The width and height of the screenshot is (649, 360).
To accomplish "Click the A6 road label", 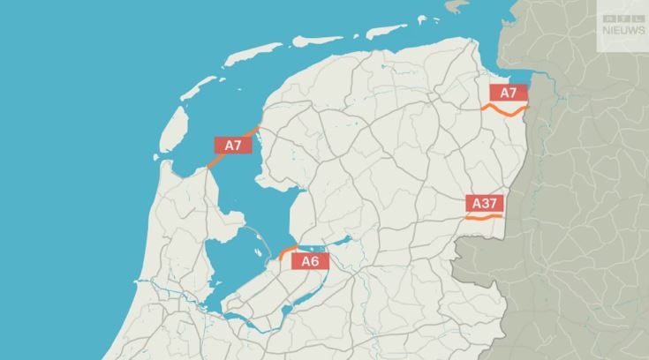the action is coord(310,261).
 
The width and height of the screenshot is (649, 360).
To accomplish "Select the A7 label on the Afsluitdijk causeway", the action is coord(233,146).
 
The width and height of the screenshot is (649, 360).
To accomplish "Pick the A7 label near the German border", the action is coord(509,94).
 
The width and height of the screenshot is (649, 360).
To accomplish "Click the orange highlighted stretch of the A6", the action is coord(285,252).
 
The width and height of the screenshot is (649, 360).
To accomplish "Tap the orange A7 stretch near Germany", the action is coord(504,111).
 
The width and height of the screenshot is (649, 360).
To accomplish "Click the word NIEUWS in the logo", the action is coord(623,30).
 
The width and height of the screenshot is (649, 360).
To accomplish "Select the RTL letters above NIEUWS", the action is coord(623,19).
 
